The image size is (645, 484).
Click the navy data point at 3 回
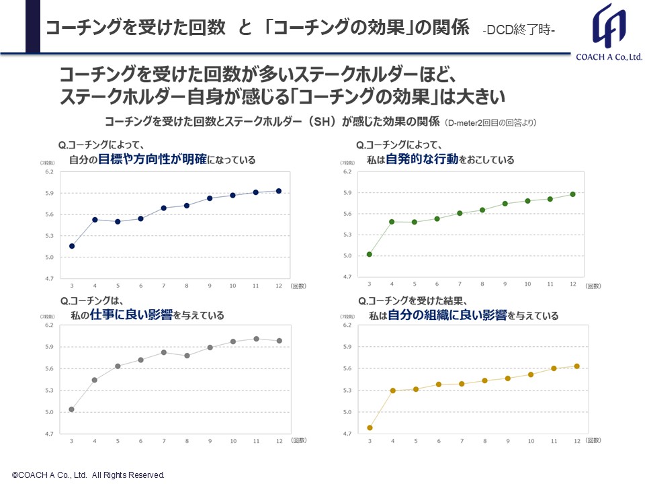click(72, 246)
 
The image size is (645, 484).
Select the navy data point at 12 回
click(279, 191)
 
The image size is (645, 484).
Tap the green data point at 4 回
click(392, 222)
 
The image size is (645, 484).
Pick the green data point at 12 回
click(573, 194)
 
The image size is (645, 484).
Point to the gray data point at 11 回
click(256, 339)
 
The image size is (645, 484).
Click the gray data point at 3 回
click(72, 409)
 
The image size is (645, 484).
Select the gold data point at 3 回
click(370, 428)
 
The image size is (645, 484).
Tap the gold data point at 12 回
click(576, 366)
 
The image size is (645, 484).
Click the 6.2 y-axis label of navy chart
click(49, 171)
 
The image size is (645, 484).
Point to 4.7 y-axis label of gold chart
click(347, 434)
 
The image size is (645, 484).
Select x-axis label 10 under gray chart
click(233, 441)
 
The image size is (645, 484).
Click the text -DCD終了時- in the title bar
click(519, 30)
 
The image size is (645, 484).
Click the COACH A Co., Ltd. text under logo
click(609, 58)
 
